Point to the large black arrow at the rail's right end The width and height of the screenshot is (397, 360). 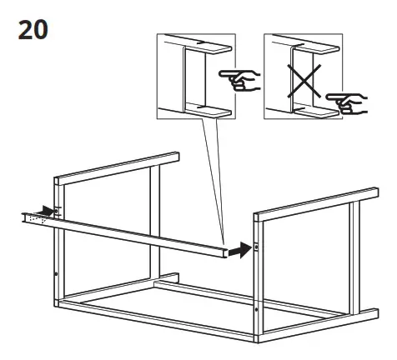(241, 248)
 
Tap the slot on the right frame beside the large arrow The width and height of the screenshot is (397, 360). (257, 246)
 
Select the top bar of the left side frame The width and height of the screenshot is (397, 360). (117, 167)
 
